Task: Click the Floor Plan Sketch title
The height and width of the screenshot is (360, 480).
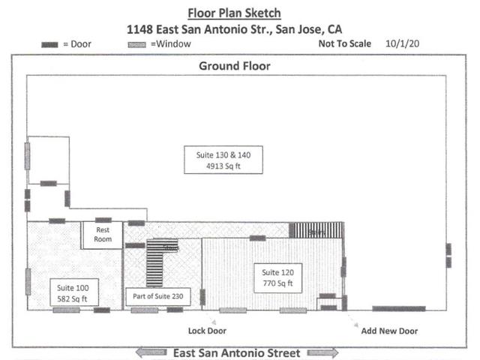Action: pyautogui.click(x=235, y=13)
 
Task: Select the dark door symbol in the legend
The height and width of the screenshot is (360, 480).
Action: pyautogui.click(x=49, y=45)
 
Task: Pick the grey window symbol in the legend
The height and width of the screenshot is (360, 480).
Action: pyautogui.click(x=136, y=45)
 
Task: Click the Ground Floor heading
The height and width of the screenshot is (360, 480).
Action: pyautogui.click(x=234, y=66)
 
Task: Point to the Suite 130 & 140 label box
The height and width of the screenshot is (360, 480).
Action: pyautogui.click(x=223, y=160)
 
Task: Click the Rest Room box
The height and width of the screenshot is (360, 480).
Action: pyautogui.click(x=102, y=235)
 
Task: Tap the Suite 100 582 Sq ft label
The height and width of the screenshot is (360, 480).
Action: pyautogui.click(x=73, y=293)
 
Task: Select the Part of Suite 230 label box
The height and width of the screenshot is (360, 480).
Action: pyautogui.click(x=158, y=295)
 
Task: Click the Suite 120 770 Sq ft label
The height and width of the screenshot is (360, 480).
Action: pyautogui.click(x=277, y=278)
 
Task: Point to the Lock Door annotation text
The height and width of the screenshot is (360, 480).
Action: pyautogui.click(x=207, y=331)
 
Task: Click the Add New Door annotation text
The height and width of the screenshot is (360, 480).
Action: pyautogui.click(x=389, y=331)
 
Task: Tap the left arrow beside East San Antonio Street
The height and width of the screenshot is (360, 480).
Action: pyautogui.click(x=150, y=352)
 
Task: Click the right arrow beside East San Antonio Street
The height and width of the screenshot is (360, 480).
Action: pyautogui.click(x=322, y=352)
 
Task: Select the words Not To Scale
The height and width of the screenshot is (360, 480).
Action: pyautogui.click(x=345, y=44)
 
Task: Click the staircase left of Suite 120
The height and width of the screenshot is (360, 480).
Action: pyautogui.click(x=154, y=262)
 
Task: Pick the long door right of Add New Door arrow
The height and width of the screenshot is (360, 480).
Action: pyautogui.click(x=399, y=308)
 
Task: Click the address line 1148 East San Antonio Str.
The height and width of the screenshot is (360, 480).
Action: pyautogui.click(x=235, y=30)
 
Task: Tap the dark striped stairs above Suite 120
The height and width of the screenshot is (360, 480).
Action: pyautogui.click(x=316, y=230)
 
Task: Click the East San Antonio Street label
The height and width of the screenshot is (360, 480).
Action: pyautogui.click(x=236, y=352)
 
